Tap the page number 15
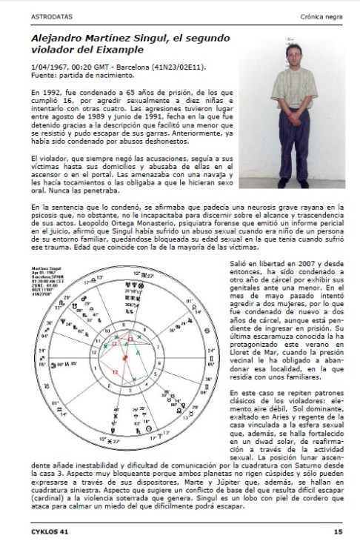tap(337, 531)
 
